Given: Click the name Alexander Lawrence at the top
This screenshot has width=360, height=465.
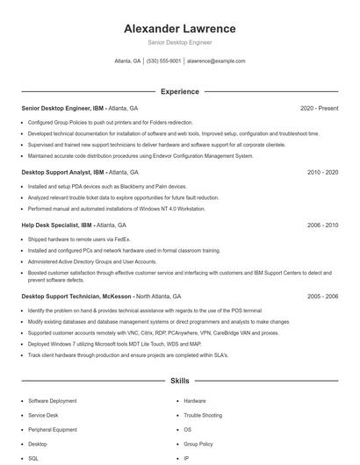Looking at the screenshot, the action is (179, 28).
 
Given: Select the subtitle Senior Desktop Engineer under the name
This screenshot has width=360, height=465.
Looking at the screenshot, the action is (179, 42).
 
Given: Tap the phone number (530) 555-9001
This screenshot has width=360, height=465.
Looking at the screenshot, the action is (164, 61).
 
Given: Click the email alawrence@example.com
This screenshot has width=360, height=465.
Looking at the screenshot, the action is (216, 61).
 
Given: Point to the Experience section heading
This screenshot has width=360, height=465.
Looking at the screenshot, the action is (179, 91).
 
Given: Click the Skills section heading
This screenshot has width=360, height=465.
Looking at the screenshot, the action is (179, 382).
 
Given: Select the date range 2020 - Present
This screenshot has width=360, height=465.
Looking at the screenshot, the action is (319, 108).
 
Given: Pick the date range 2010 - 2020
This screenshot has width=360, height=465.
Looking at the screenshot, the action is (322, 173).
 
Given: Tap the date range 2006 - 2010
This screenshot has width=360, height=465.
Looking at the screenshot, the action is (322, 225).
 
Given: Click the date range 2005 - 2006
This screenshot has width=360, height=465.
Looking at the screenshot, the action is (322, 297).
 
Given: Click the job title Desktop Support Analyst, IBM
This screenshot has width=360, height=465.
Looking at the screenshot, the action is (62, 173).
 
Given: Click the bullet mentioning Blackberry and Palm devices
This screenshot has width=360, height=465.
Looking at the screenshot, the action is (107, 186).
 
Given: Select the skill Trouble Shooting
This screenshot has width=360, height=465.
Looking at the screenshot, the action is (203, 415).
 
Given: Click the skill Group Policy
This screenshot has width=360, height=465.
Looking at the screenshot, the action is (198, 444).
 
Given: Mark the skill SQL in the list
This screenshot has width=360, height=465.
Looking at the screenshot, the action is (33, 458).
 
